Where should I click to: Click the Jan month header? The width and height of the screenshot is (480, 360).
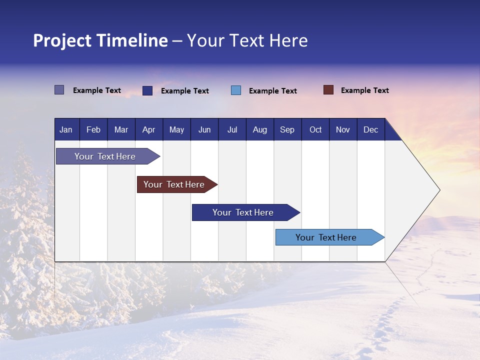(x=66, y=129)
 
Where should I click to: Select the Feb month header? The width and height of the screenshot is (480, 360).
(x=93, y=129)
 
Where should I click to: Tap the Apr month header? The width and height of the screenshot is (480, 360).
(x=148, y=129)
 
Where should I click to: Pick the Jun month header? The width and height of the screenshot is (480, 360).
(x=204, y=129)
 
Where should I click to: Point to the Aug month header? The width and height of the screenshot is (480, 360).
(x=259, y=129)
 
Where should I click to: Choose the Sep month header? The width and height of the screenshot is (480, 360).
(x=287, y=129)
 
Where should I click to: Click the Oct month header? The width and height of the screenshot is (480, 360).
(x=315, y=129)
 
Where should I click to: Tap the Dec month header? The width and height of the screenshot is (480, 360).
(x=370, y=129)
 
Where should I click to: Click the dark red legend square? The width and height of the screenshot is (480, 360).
(x=328, y=90)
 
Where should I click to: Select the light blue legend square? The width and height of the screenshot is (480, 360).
(x=236, y=90)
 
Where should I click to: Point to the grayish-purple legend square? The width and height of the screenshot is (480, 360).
(x=59, y=90)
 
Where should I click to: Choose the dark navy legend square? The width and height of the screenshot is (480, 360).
(x=147, y=90)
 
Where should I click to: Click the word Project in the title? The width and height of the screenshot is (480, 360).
(x=62, y=40)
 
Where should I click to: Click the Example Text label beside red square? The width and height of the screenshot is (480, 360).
(x=364, y=90)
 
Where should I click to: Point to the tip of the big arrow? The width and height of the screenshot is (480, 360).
(x=439, y=190)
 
